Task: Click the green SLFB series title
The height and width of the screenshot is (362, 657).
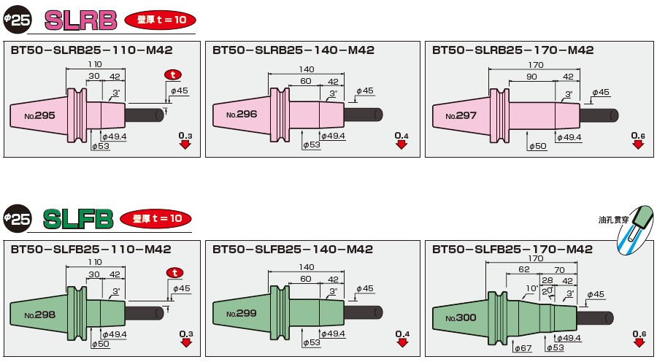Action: (77, 218)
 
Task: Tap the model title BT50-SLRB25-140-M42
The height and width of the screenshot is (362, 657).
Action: (293, 50)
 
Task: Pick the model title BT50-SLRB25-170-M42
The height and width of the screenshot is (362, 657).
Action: (512, 50)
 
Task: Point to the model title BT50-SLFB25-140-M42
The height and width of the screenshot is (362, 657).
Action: (293, 249)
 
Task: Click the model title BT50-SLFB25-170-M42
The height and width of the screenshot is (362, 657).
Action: (512, 249)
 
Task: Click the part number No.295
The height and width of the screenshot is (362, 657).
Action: (39, 115)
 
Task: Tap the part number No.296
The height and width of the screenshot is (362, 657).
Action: (242, 115)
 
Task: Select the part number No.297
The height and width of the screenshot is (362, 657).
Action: (462, 115)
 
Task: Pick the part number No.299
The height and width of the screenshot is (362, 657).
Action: (242, 314)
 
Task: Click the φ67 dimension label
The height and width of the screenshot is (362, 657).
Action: (522, 349)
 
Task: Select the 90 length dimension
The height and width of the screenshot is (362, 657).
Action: (531, 77)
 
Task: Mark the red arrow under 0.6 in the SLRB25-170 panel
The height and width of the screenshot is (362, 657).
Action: (638, 145)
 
